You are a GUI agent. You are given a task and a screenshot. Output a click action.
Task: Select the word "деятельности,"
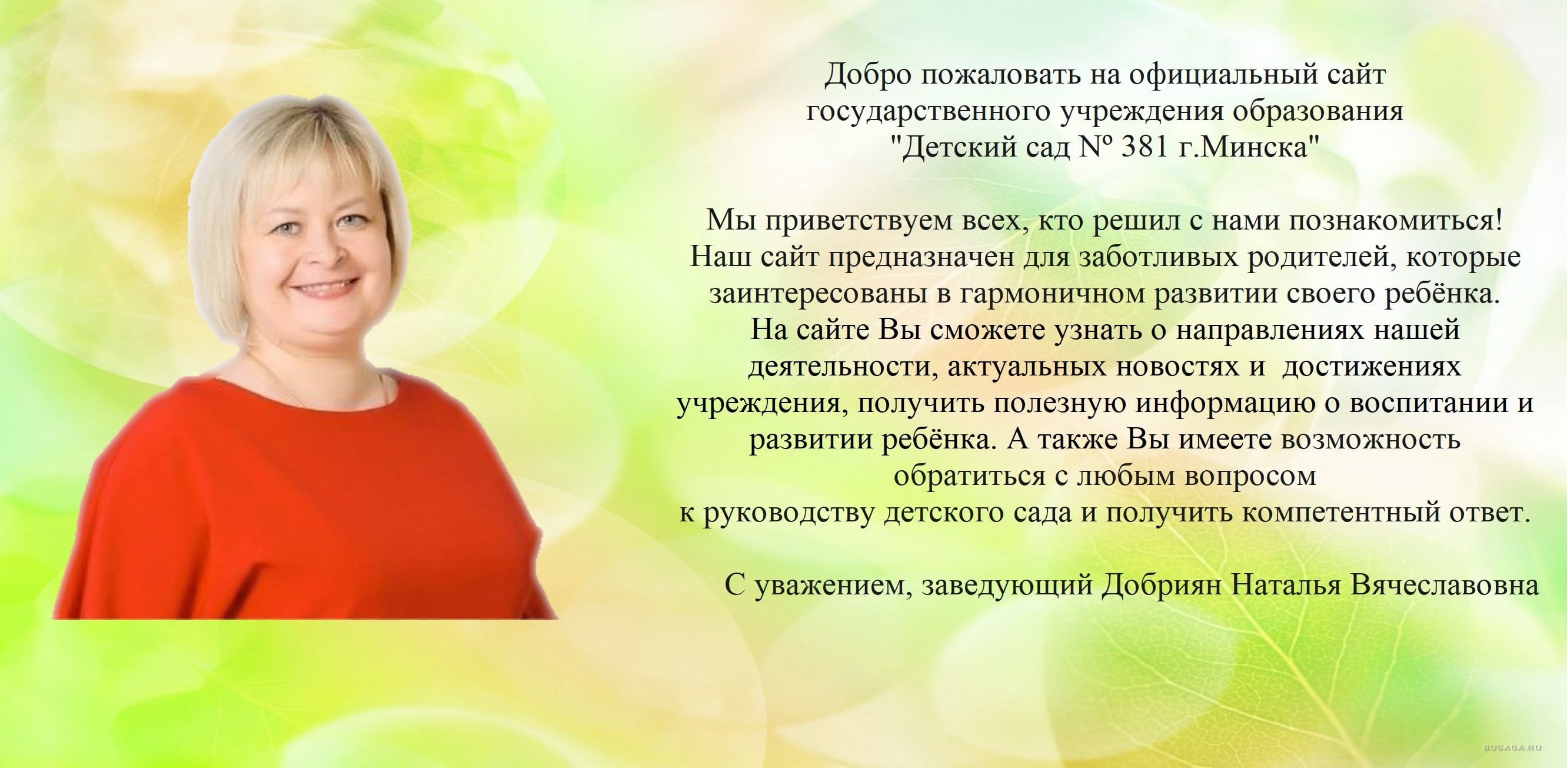840,367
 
